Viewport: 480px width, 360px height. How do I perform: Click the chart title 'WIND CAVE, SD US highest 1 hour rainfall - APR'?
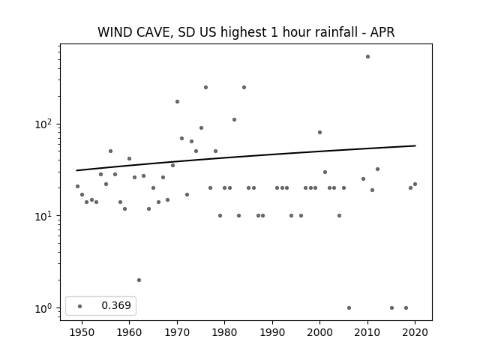(246, 32)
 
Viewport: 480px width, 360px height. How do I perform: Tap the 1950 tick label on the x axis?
(82, 332)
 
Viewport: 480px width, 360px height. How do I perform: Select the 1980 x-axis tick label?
(224, 332)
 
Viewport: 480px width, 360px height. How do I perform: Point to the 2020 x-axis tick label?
(415, 332)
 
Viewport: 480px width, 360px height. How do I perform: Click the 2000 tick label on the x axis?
(320, 332)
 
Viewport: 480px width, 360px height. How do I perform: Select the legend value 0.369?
(116, 305)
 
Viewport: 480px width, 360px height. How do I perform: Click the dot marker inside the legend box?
(80, 306)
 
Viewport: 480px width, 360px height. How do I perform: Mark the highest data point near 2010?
(367, 57)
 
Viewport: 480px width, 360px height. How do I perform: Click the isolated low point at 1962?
(139, 280)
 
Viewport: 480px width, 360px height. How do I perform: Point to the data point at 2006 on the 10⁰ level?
(349, 307)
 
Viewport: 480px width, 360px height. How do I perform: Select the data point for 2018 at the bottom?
(406, 307)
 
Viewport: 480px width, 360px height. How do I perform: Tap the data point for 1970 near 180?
(177, 102)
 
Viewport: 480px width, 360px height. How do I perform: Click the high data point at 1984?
(244, 87)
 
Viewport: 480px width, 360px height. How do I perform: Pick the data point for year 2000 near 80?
(320, 132)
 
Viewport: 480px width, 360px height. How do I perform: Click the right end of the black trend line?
(415, 145)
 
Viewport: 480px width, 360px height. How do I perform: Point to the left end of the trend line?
(76, 170)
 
